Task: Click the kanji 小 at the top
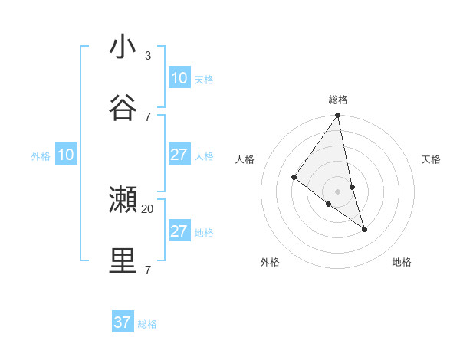coord(123,47)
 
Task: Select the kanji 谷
coord(123,108)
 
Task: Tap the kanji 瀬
coord(123,200)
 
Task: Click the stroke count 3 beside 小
coord(148,56)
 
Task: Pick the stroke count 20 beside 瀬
coord(148,208)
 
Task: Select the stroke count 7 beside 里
coord(148,270)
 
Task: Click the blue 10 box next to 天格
coord(179,78)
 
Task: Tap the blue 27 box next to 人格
coord(179,155)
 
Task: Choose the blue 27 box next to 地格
coord(179,231)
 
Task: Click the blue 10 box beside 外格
coord(66,155)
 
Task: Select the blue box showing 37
coord(123,322)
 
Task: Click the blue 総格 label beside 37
coord(147,324)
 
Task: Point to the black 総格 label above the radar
coord(338,100)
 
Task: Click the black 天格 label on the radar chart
coord(432,159)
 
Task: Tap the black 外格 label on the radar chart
coord(270,262)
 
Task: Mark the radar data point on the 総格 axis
coord(338,116)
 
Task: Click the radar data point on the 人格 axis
coord(294,178)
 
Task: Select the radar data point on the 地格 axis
coord(364,228)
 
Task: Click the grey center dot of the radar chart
coord(338,191)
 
